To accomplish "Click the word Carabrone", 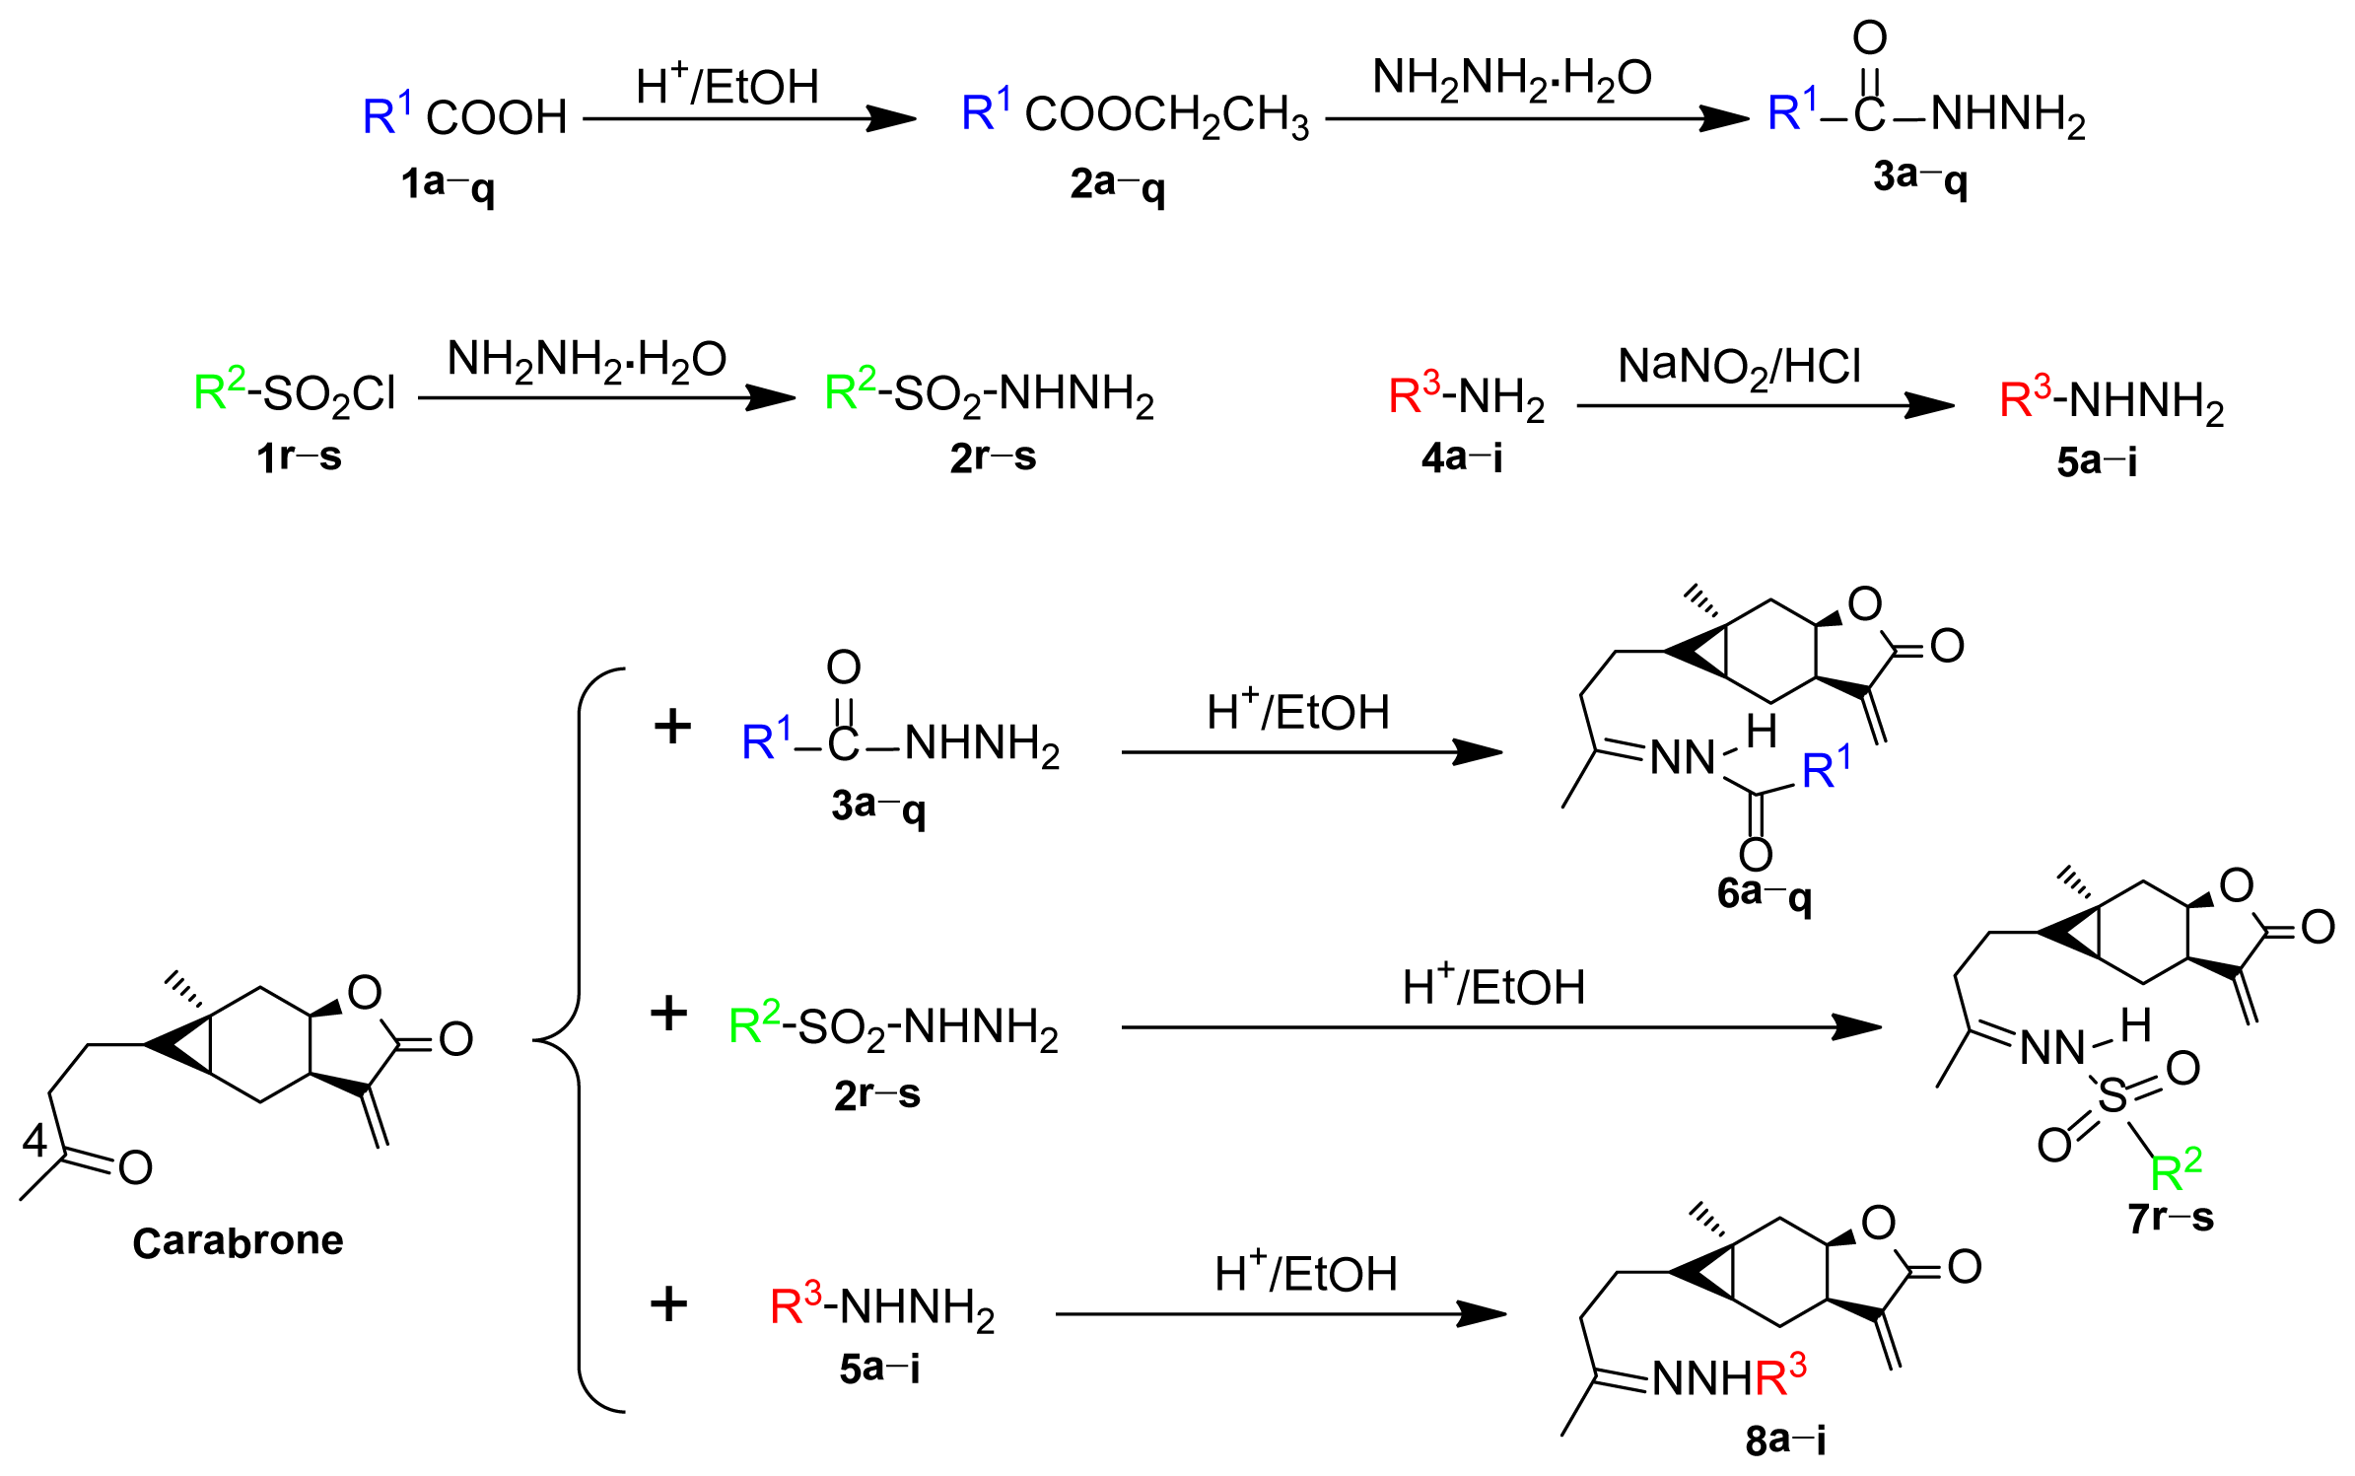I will click(238, 1241).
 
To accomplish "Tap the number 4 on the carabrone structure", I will click(35, 1141).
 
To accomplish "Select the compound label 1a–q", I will click(447, 184).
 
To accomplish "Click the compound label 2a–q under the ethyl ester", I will click(1117, 184).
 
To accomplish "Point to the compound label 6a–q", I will click(1764, 894).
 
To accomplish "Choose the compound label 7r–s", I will click(2171, 1219).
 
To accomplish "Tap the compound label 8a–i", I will click(1785, 1441).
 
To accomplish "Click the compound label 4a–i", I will click(1462, 457).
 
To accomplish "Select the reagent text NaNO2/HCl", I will click(1739, 368).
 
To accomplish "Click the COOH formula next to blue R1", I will click(496, 117).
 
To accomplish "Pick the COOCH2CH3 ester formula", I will click(1166, 115).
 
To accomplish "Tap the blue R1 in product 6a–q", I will click(1826, 769).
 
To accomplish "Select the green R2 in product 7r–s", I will click(2176, 1170).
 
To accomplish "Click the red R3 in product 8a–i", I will click(1780, 1376).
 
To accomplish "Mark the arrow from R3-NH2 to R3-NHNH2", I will click(1765, 405).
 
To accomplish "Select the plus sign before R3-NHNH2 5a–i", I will click(668, 1304).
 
